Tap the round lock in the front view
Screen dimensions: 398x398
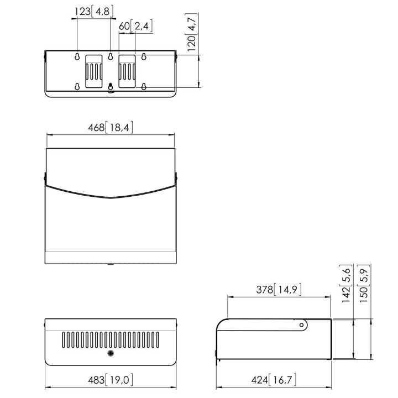coord(110,353)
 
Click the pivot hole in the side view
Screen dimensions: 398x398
coord(301,325)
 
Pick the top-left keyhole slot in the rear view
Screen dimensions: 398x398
coord(77,56)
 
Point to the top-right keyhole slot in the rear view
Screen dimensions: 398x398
coord(144,56)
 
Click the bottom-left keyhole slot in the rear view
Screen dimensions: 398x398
coord(77,87)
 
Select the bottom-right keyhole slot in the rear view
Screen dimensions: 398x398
coord(144,87)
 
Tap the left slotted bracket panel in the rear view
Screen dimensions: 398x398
coord(94,71)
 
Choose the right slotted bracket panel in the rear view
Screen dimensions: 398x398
coord(127,71)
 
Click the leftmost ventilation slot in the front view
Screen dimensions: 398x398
coord(64,340)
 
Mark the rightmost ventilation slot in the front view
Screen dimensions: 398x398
coord(158,340)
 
